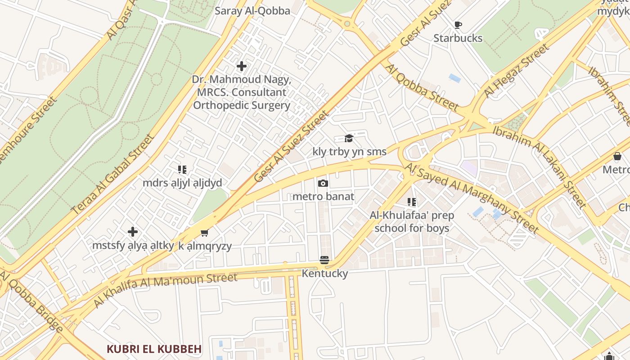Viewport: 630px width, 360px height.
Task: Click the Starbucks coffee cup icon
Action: click(458, 25)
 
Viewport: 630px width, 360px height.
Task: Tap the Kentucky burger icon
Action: click(324, 260)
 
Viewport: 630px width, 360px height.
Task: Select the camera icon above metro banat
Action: click(323, 183)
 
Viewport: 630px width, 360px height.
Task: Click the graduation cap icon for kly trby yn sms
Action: click(349, 138)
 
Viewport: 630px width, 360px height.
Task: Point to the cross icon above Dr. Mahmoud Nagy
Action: click(242, 66)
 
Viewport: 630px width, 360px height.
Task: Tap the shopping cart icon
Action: click(205, 233)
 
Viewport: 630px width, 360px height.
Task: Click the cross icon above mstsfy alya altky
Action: click(133, 232)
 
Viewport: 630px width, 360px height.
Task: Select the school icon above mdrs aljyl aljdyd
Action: click(182, 170)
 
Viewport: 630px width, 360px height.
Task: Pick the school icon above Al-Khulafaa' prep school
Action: click(412, 202)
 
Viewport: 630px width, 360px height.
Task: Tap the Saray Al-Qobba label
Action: click(252, 11)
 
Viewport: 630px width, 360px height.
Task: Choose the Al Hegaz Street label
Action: click(516, 71)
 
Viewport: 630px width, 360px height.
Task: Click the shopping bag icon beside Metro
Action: click(617, 156)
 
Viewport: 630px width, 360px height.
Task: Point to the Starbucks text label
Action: click(458, 38)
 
